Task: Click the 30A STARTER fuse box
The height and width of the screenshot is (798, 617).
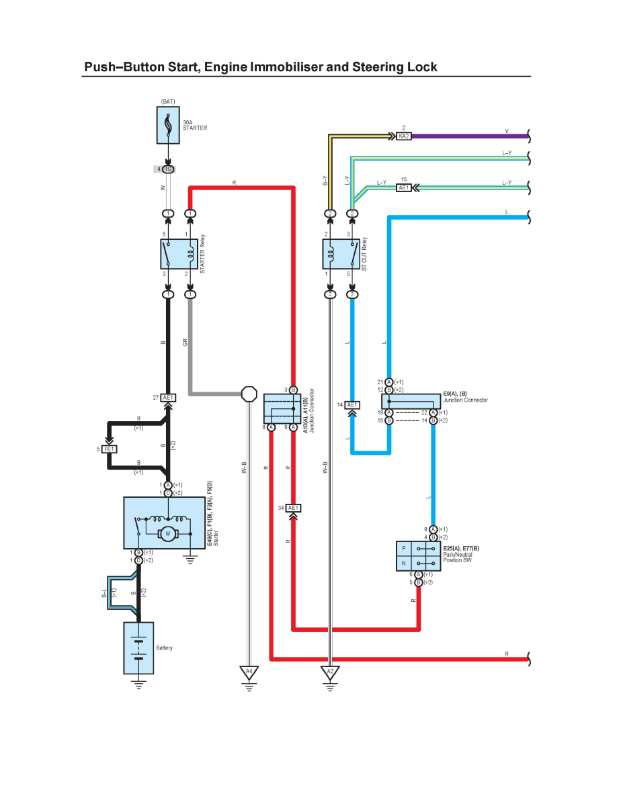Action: click(168, 125)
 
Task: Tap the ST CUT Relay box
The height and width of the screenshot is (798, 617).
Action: click(341, 254)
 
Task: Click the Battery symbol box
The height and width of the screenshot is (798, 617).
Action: click(138, 648)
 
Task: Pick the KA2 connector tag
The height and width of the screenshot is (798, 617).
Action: click(403, 136)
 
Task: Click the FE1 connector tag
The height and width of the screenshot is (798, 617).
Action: click(110, 449)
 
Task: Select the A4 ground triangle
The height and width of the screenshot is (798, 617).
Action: click(249, 672)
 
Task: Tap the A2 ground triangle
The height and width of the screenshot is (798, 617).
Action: click(329, 672)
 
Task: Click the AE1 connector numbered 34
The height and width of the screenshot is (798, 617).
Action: click(293, 508)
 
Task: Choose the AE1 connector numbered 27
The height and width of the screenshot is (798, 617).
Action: click(168, 398)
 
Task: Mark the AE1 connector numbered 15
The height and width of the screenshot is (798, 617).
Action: click(403, 188)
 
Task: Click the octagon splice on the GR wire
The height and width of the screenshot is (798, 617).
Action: click(249, 393)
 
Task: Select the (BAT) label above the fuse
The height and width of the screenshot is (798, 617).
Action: click(168, 101)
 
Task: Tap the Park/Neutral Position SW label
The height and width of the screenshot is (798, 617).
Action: click(462, 557)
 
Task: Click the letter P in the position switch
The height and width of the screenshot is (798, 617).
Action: click(403, 548)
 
